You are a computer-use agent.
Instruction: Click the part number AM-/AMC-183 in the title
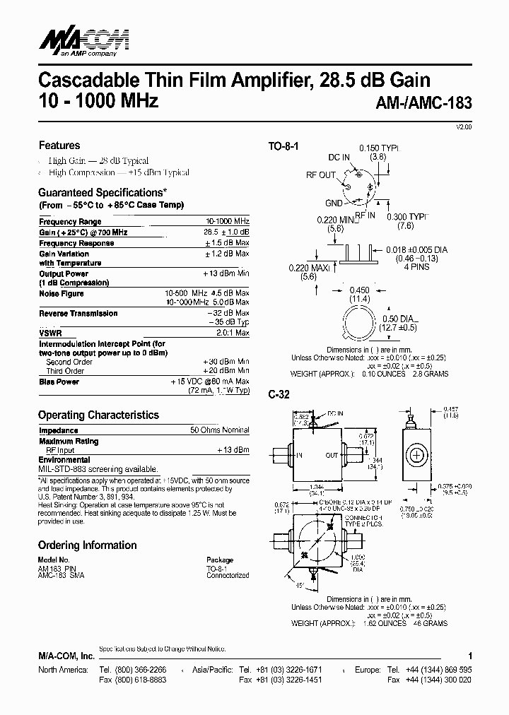coord(421,102)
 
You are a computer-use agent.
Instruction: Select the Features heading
coord(59,146)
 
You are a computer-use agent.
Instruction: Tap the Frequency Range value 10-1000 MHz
coord(227,222)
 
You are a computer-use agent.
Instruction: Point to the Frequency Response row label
coord(76,243)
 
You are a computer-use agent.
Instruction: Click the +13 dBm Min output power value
coord(226,273)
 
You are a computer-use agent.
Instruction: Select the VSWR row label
coord(49,332)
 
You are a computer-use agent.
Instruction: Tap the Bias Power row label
coord(59,382)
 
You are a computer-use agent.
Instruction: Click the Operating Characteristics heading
coord(98,415)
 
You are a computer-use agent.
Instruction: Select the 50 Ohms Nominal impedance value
coord(220,430)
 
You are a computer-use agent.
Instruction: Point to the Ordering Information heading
coord(87,545)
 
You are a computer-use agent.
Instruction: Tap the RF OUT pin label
coord(321,175)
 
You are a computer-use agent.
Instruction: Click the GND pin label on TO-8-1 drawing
coord(334,203)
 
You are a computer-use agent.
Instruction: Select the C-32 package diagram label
coord(279,397)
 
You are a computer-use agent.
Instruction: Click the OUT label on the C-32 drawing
coord(332,456)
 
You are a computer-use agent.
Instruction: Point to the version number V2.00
coord(462,126)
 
